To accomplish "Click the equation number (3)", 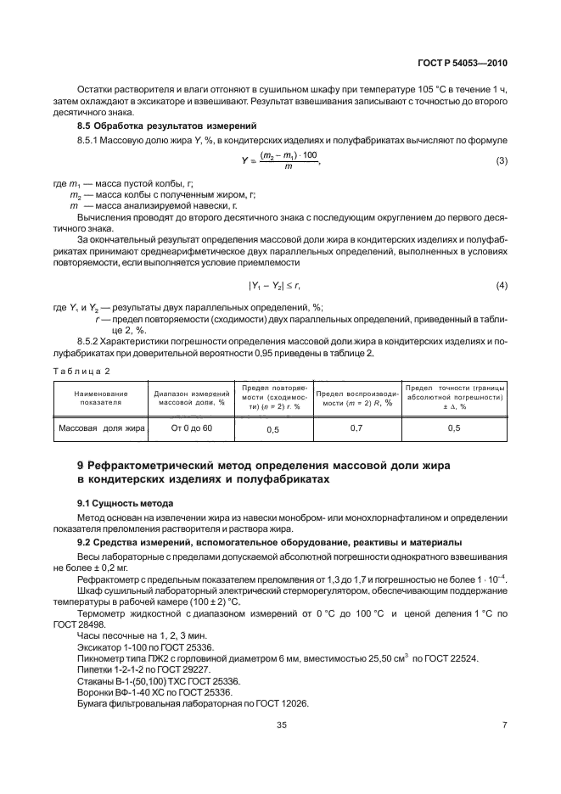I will [501, 160].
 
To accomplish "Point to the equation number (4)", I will [501, 286].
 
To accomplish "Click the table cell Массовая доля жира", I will [100, 428].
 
